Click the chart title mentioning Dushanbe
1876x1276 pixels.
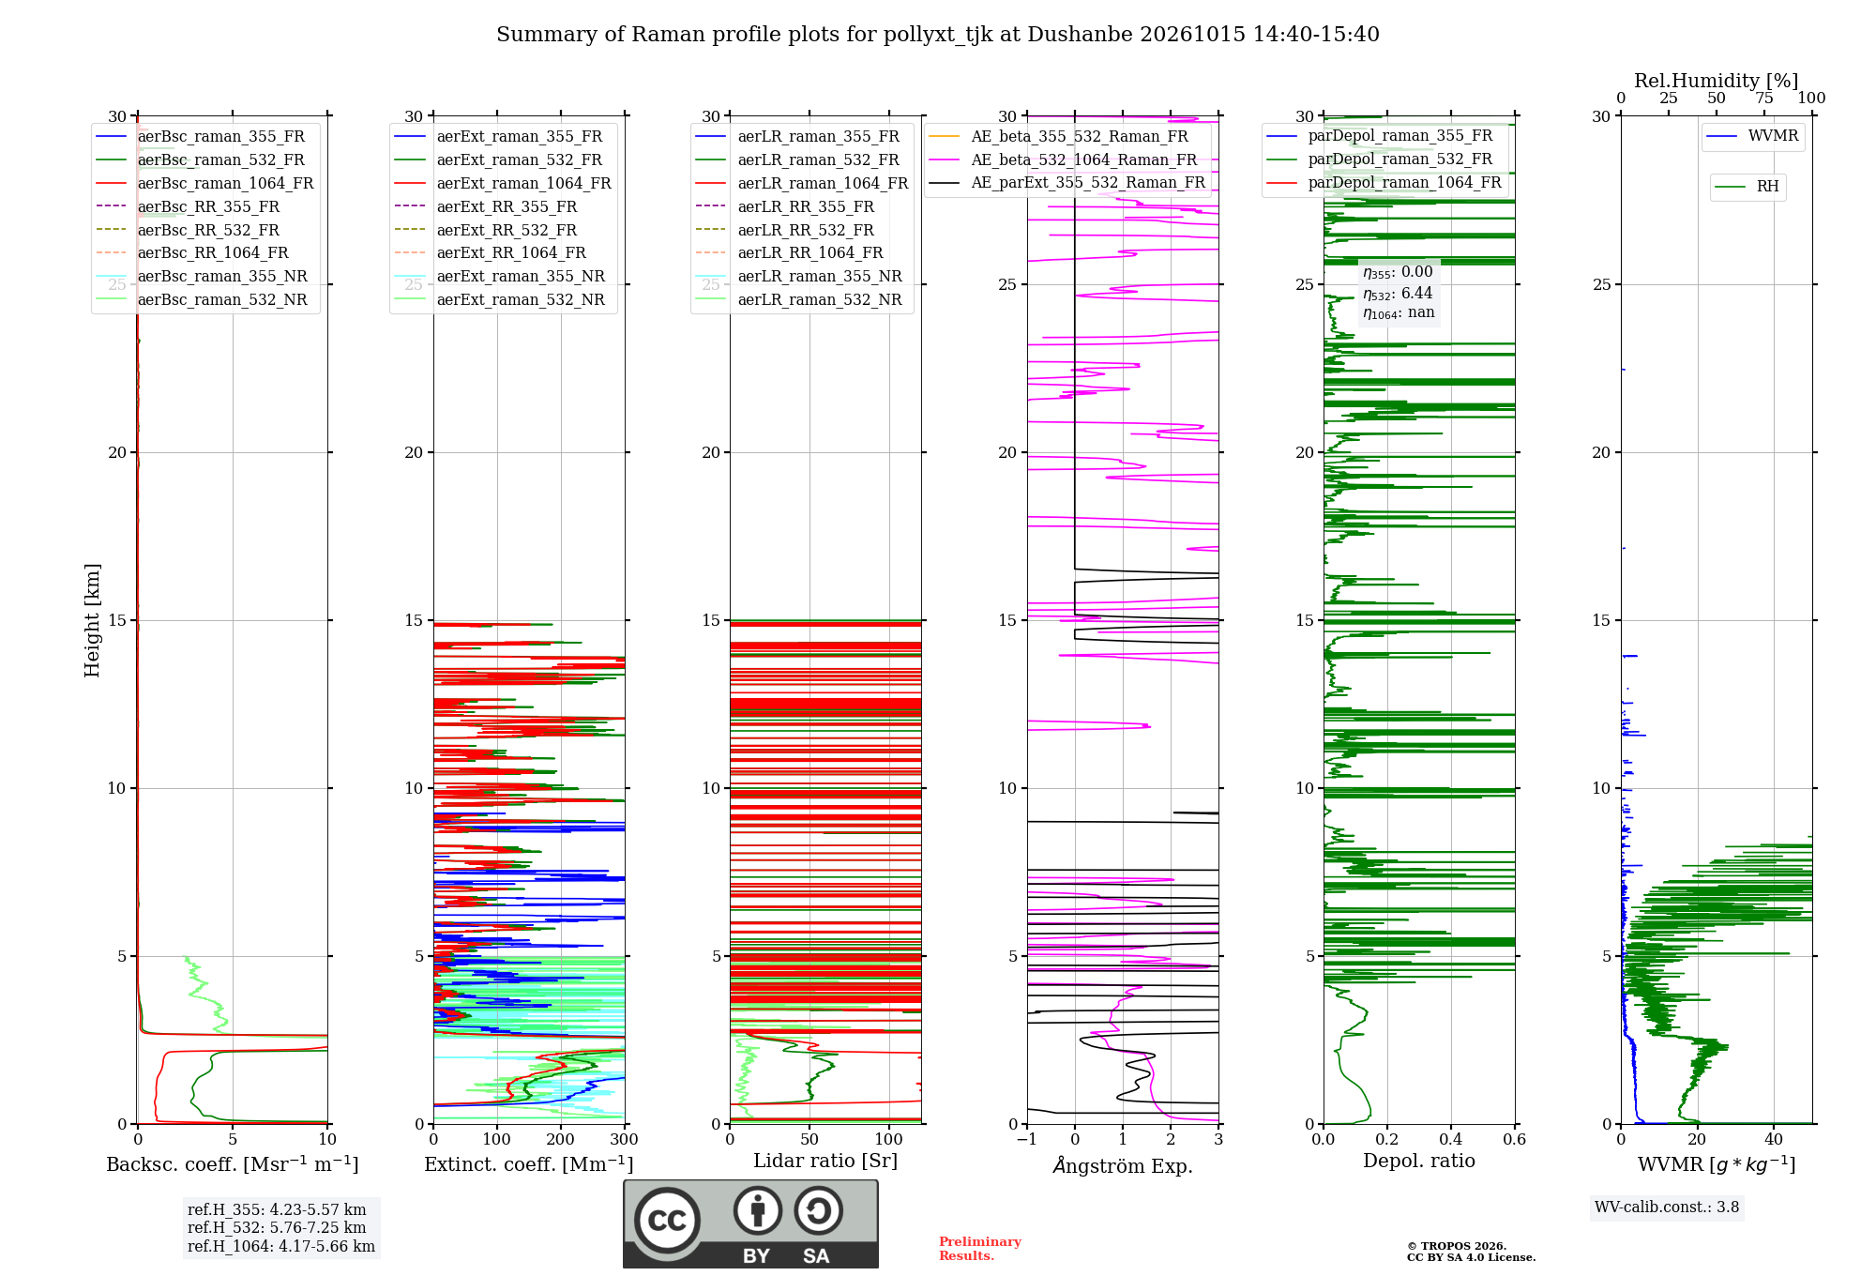coord(938,35)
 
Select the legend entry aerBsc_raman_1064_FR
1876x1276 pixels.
coord(226,183)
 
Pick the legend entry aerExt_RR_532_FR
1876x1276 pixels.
coord(507,230)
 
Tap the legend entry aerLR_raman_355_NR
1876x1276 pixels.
coord(820,276)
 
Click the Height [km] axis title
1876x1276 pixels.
coord(92,620)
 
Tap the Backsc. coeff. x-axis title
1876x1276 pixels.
coord(233,1164)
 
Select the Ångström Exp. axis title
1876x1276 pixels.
coord(1123,1165)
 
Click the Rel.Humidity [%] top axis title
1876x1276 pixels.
coord(1717,81)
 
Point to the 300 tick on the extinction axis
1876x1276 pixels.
coord(625,1140)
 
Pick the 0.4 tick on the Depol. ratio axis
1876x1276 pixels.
coord(1451,1140)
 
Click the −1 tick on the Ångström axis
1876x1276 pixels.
coord(1027,1140)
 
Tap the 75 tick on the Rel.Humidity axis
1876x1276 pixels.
coord(1764,98)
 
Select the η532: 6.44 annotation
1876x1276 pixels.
coord(1398,294)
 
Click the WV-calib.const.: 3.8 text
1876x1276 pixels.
coord(1667,1208)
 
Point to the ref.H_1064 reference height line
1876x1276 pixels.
coord(281,1247)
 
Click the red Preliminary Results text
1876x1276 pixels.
coord(980,1249)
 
